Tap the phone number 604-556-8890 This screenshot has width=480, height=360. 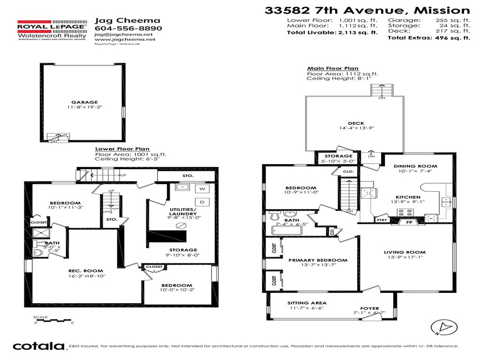click(128, 28)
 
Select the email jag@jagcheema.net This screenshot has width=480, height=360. click(123, 35)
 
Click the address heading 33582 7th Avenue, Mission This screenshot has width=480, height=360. click(367, 10)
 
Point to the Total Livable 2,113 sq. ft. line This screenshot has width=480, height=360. click(332, 32)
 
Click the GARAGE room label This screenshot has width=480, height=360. click(84, 102)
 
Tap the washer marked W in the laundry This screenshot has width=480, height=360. click(202, 188)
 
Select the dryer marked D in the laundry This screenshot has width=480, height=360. click(202, 202)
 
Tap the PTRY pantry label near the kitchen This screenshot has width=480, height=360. click(382, 219)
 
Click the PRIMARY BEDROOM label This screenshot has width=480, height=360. click(318, 260)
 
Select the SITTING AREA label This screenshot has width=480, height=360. click(307, 303)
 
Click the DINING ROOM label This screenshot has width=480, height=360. click(415, 166)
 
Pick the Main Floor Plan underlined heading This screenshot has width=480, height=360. click(333, 68)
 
